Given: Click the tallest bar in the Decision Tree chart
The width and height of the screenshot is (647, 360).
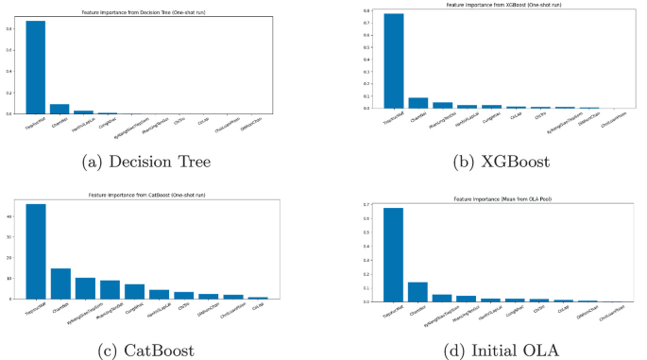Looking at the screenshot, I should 35,66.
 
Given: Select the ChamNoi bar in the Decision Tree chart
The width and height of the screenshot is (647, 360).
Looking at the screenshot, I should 60,109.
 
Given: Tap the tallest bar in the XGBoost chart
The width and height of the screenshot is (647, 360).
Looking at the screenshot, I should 367,60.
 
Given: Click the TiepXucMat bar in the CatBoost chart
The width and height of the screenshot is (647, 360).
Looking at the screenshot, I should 36,251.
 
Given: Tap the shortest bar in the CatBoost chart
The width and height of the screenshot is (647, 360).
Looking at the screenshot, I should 258,298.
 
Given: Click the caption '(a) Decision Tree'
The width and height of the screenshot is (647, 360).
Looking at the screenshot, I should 145,162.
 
